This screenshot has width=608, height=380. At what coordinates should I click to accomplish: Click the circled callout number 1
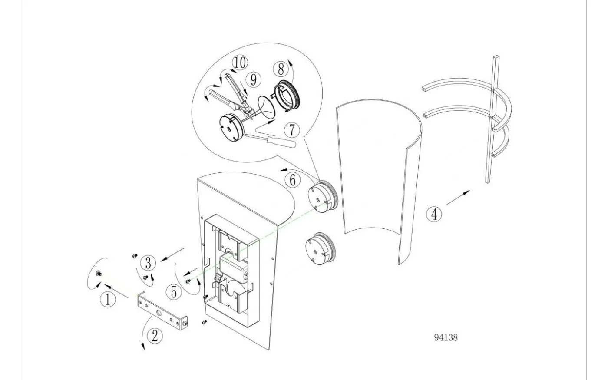pos(108,300)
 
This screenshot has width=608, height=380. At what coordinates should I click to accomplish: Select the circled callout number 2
pos(155,336)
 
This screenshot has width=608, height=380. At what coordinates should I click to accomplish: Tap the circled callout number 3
pos(148,263)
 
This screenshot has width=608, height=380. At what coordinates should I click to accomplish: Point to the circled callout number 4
pos(434,214)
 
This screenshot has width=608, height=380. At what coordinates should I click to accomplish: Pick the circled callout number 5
pos(174,292)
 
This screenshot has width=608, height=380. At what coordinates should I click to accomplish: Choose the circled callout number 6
pos(292,180)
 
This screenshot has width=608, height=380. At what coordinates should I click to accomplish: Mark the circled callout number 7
pos(292,130)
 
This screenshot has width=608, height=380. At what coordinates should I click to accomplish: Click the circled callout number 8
pos(281,69)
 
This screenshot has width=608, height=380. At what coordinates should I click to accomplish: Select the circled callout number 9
pos(254,80)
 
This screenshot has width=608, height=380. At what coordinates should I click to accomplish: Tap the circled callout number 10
pos(240,63)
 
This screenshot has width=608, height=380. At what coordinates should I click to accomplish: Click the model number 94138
pos(446,337)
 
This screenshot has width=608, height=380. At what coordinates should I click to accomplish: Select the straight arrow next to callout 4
pos(458,198)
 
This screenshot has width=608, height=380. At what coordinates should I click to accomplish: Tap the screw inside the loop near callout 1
pos(99,274)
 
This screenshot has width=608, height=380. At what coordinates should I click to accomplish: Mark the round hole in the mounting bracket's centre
pos(159,314)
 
